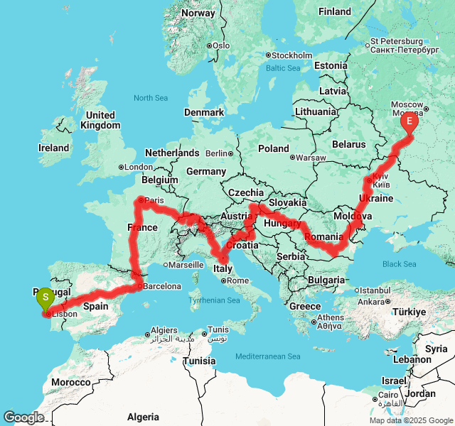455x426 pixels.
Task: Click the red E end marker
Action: pyautogui.click(x=409, y=121)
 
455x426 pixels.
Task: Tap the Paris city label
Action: pyautogui.click(x=154, y=201)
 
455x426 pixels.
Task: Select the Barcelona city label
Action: pyautogui.click(x=161, y=286)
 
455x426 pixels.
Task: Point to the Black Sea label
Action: pyautogui.click(x=400, y=265)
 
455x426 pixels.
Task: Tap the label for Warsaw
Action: pyautogui.click(x=311, y=157)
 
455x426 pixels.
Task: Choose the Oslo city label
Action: pyautogui.click(x=220, y=45)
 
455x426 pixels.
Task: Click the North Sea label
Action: pyautogui.click(x=150, y=98)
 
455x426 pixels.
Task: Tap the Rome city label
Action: pyautogui.click(x=237, y=280)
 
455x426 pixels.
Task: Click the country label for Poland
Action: pyautogui.click(x=274, y=148)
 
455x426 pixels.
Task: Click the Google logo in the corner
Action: pyautogui.click(x=23, y=417)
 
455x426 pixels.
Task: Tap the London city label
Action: pyautogui.click(x=139, y=168)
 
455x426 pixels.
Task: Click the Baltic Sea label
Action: pyautogui.click(x=283, y=68)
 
